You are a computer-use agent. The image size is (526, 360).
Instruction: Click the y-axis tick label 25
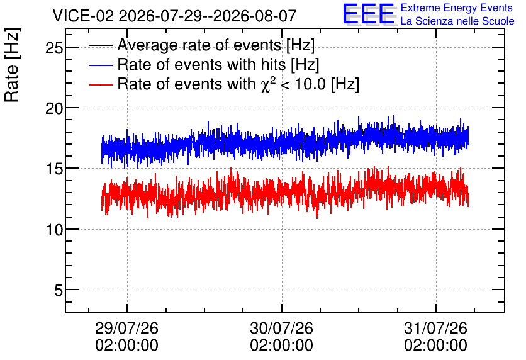[x=54, y=48]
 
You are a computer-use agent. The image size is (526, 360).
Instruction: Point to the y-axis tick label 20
[x=54, y=109]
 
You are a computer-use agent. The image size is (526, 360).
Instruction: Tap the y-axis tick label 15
[x=54, y=169]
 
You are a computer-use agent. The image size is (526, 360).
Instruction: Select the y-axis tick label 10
[x=54, y=230]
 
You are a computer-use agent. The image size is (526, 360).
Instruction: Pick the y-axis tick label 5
[x=59, y=291]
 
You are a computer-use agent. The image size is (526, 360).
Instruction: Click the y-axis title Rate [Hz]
[x=12, y=65]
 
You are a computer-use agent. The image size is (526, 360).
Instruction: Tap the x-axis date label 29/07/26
[x=127, y=328]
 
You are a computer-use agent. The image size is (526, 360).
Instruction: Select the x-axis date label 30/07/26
[x=281, y=328]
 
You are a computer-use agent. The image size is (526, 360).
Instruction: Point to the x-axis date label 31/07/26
[x=436, y=328]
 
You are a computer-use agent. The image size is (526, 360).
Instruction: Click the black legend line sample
[x=100, y=45]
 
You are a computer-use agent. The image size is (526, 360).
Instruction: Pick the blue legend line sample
[x=100, y=65]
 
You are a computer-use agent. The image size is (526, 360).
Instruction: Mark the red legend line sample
[x=100, y=84]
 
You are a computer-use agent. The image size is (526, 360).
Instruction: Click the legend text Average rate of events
[x=199, y=45]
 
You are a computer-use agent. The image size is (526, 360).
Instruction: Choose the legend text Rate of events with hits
[x=201, y=64]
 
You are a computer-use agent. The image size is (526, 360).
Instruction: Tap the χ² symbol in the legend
[x=269, y=84]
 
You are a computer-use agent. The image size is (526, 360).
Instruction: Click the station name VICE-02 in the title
[x=84, y=16]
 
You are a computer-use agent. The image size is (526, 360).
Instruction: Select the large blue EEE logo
[x=369, y=14]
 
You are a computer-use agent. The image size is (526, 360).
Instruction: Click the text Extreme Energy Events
[x=457, y=8]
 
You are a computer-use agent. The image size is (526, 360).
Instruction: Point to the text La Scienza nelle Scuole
[x=457, y=21]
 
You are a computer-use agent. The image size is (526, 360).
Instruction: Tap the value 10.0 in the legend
[x=310, y=84]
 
